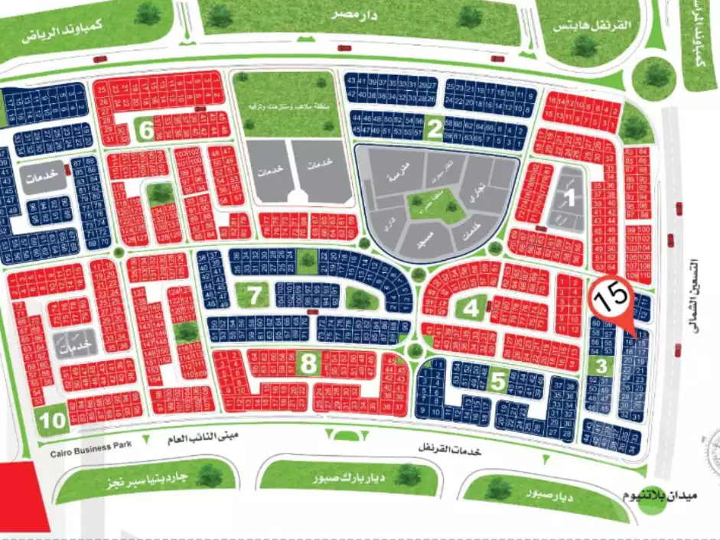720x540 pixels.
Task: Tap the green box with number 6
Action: coord(146,130)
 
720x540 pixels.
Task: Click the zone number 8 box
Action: coord(308,365)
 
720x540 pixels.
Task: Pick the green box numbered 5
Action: coord(498,380)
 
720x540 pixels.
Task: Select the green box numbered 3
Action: coord(602,366)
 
